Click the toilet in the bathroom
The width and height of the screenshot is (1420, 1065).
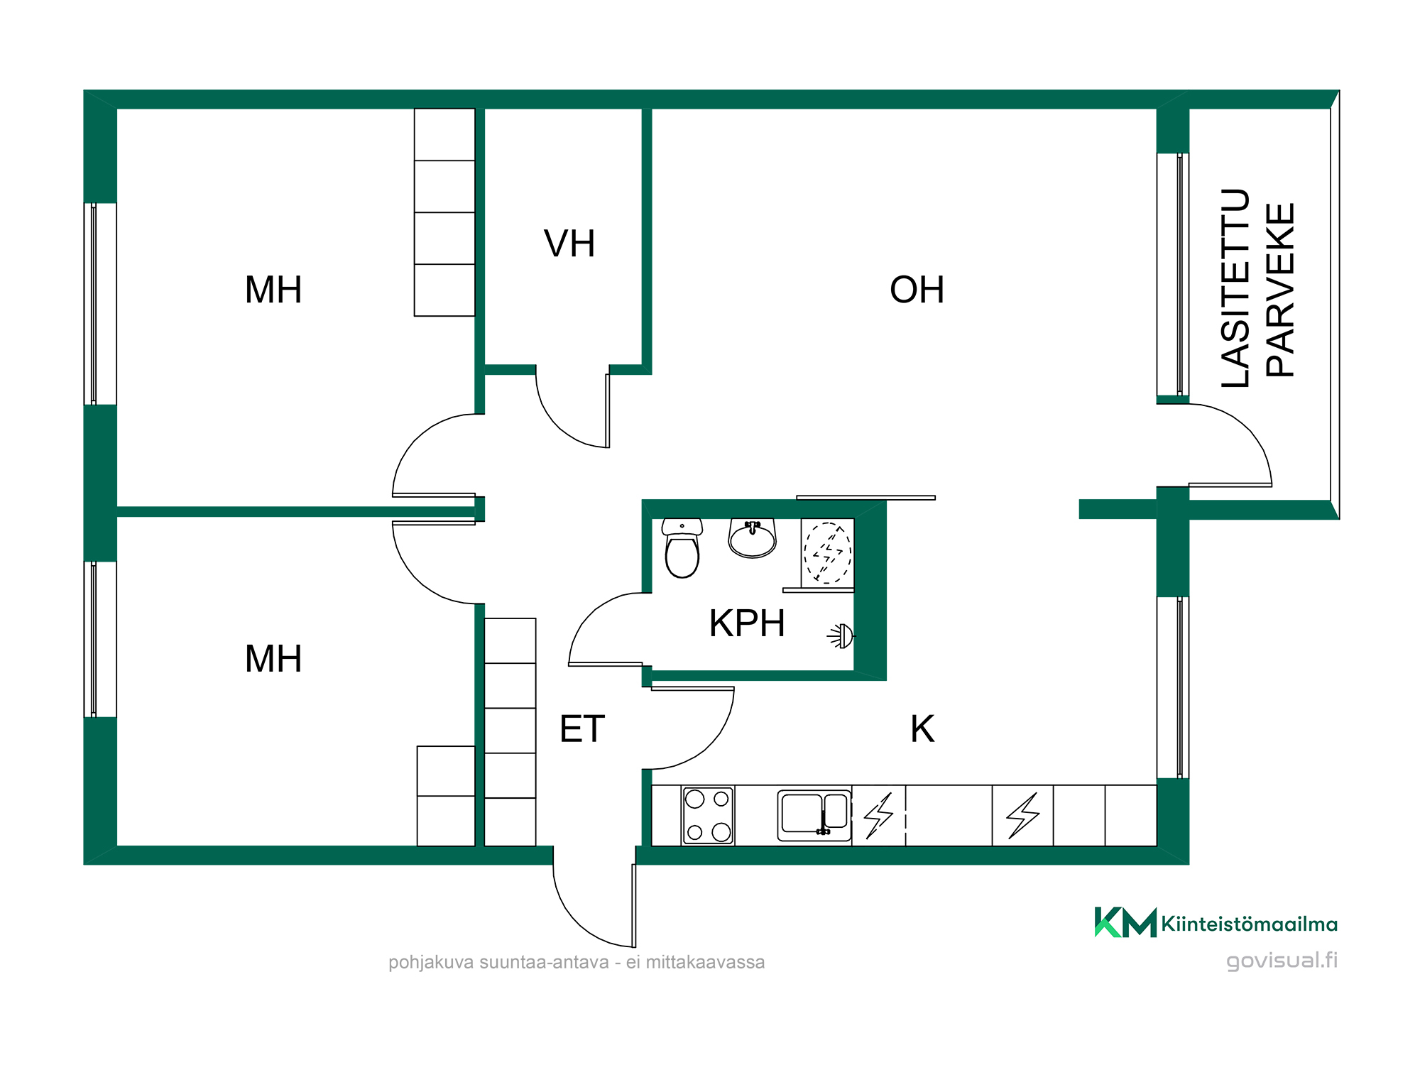(x=682, y=548)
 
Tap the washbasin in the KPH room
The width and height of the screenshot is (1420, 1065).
(x=753, y=538)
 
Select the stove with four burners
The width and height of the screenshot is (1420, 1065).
(x=708, y=815)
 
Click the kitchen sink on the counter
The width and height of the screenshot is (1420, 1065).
(x=814, y=815)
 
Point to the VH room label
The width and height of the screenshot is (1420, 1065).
(x=569, y=244)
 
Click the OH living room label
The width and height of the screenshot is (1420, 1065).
(x=917, y=290)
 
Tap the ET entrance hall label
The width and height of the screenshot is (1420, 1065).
(x=582, y=729)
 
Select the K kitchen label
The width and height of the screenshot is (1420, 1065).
(x=922, y=729)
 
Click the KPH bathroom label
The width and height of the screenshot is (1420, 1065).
(x=747, y=623)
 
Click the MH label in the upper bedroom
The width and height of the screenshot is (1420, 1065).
(x=273, y=290)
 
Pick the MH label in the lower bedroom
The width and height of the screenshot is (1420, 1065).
(x=273, y=659)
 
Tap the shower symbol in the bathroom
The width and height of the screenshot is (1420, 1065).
(x=827, y=553)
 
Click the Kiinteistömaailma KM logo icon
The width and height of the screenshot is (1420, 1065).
(x=1125, y=922)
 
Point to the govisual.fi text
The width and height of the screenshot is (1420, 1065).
(x=1282, y=961)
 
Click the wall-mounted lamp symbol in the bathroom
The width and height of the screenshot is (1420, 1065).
(x=841, y=636)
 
